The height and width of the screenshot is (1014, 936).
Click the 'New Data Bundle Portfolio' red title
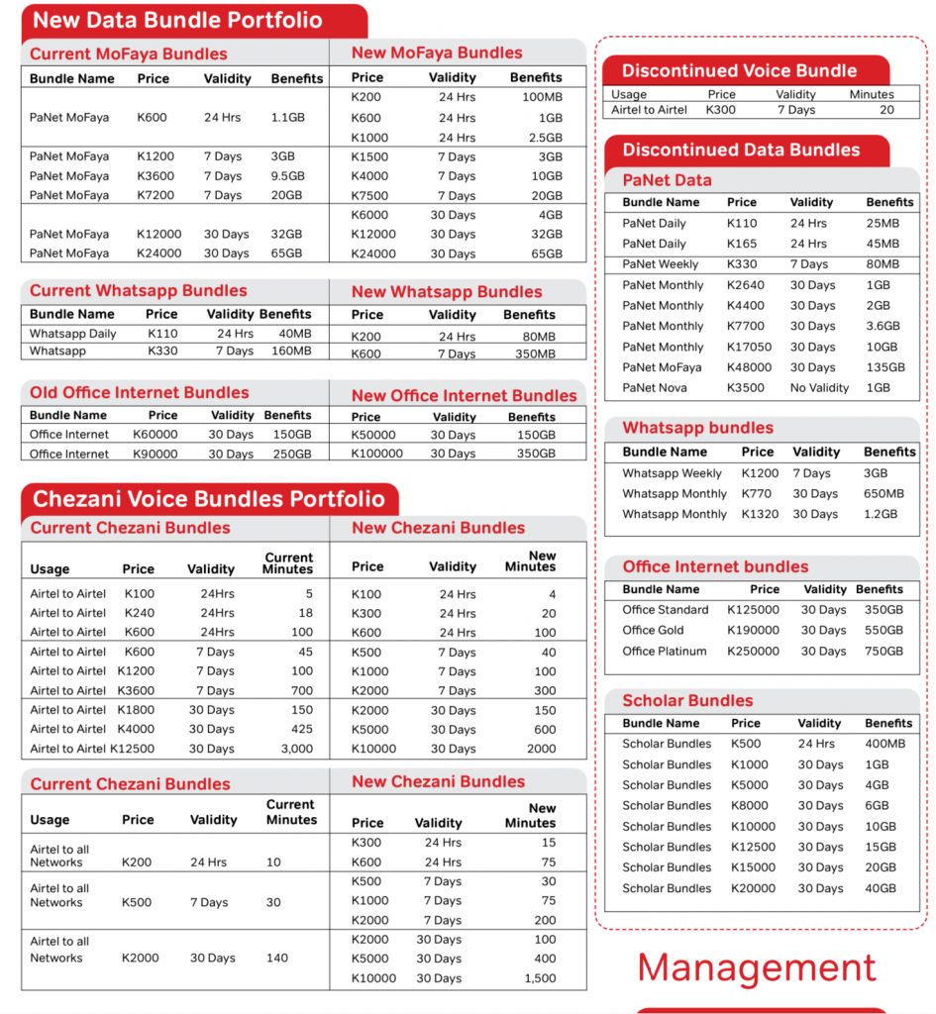178,20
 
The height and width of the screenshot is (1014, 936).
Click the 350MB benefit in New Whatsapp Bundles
536,354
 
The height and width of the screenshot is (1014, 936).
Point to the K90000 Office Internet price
156,454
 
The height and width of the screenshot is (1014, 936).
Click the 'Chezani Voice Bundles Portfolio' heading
209,499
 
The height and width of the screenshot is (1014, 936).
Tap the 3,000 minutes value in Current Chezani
295,750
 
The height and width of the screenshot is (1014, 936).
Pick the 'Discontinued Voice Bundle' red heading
739,71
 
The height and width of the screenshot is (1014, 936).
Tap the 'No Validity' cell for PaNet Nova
819,388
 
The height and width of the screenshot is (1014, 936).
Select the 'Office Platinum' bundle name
665,652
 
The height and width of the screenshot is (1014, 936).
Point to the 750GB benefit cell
883,652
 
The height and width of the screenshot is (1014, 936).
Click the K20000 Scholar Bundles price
750,888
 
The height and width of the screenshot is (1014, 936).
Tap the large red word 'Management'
757,967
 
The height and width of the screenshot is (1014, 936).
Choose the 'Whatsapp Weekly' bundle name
672,473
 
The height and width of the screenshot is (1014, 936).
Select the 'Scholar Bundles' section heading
687,700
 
